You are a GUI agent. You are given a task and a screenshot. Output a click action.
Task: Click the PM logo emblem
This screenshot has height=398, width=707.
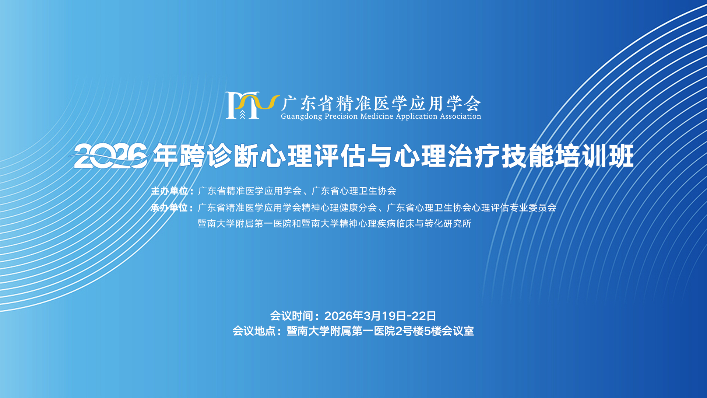point(252,105)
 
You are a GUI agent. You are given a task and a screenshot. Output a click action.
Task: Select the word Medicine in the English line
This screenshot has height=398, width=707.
point(377,116)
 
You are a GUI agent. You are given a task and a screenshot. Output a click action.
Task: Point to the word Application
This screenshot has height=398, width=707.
point(416,116)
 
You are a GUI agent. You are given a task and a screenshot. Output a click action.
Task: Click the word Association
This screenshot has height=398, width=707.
point(460,116)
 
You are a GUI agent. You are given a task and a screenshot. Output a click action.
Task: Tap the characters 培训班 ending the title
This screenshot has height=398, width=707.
point(594,156)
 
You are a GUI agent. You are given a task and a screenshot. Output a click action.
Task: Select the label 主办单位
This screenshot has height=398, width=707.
point(169,191)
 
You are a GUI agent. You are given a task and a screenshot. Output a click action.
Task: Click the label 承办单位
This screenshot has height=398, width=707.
point(169,208)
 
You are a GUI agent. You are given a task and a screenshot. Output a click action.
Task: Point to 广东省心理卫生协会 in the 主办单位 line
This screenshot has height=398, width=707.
point(354,191)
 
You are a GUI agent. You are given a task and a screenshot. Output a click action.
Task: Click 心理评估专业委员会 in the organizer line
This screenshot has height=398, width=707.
point(514,208)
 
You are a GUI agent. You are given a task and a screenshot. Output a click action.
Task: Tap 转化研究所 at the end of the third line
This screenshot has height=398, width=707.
point(448,224)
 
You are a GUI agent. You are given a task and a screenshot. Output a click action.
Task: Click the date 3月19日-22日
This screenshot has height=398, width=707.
point(400,316)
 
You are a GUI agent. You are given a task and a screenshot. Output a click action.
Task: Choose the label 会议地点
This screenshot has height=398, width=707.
point(254,331)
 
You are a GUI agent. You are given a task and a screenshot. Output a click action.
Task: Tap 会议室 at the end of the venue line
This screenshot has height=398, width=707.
point(458,331)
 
